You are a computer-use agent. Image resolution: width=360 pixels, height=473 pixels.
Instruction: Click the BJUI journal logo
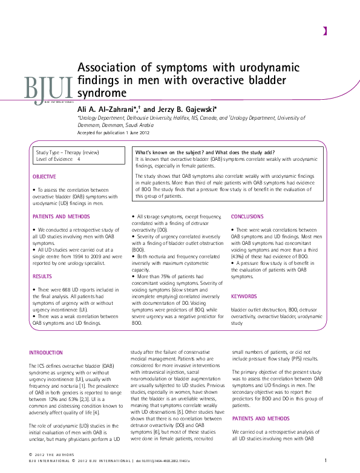point(48,88)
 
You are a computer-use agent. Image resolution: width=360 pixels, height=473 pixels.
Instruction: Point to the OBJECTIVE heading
point(44,177)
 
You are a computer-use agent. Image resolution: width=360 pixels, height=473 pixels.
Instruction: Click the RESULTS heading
point(41,276)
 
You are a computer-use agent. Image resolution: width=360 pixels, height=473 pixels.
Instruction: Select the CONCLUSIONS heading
point(247,216)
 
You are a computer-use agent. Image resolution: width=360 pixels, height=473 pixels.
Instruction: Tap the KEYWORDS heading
point(244,296)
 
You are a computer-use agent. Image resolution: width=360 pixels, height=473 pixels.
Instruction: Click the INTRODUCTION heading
point(46,353)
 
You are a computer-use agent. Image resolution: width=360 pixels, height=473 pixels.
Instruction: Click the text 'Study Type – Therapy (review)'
point(68,152)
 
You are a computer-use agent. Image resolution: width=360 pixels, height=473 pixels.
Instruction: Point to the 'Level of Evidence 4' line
point(58,159)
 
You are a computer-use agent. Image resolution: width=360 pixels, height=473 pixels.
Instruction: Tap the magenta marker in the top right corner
point(325,30)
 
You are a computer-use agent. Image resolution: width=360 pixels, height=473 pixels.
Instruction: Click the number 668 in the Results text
point(64,291)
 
